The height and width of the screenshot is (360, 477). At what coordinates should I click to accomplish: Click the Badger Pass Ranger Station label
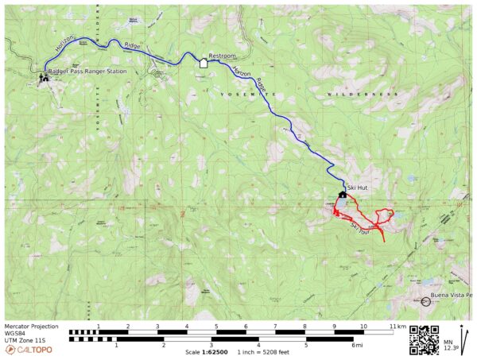pos(87,72)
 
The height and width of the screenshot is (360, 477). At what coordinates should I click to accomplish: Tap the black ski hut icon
pos(343,194)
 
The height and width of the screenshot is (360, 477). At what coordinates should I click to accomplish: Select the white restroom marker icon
pos(203,64)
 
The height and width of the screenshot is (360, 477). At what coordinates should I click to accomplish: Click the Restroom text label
pos(222,56)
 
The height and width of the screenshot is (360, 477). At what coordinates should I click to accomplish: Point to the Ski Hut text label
pos(358,188)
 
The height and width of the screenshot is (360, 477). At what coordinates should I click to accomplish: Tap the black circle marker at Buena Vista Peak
pos(425,302)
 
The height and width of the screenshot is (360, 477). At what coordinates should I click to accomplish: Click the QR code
pos(425,339)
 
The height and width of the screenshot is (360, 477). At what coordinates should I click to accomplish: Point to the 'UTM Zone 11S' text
pos(24,339)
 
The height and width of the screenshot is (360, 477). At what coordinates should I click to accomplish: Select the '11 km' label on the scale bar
pos(397,326)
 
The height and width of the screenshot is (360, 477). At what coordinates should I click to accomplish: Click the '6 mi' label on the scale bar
pos(355,345)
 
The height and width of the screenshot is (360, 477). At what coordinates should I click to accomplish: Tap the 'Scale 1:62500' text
pos(204,352)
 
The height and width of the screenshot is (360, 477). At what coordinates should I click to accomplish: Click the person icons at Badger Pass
pos(42,78)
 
